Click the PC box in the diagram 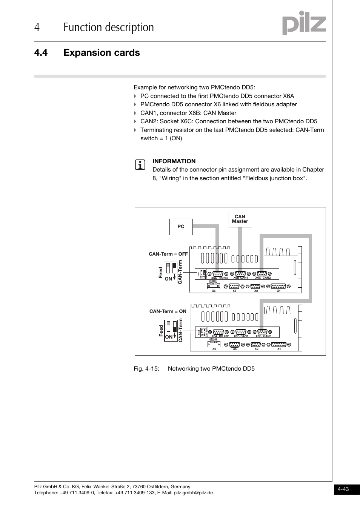click(181, 227)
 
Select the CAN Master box click(240, 219)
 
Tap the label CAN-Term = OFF click(168, 254)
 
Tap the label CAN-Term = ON click(168, 311)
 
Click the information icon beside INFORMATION click(140, 165)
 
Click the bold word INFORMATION click(174, 161)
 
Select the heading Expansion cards click(102, 53)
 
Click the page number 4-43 click(343, 489)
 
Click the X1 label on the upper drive click(279, 291)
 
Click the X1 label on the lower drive click(279, 349)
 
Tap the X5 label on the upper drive click(234, 291)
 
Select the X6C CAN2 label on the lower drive click(263, 336)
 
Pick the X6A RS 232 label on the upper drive click(220, 278)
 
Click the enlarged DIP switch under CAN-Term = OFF click(171, 271)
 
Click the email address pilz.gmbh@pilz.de click(193, 493)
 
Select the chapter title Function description click(109, 28)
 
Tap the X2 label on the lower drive click(256, 349)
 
